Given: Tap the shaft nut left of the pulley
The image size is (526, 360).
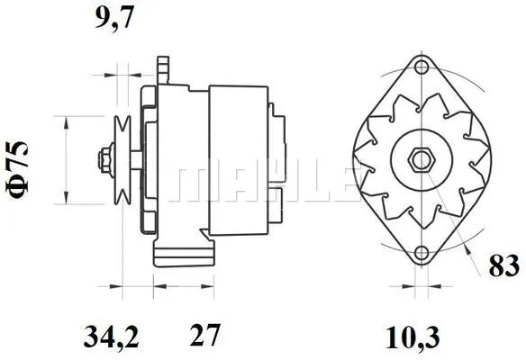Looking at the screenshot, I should (x=105, y=158).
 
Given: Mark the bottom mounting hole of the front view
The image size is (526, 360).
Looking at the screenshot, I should (x=421, y=253).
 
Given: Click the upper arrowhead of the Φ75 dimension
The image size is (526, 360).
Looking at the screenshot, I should (x=66, y=121).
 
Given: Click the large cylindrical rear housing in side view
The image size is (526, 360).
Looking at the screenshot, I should (x=239, y=158).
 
